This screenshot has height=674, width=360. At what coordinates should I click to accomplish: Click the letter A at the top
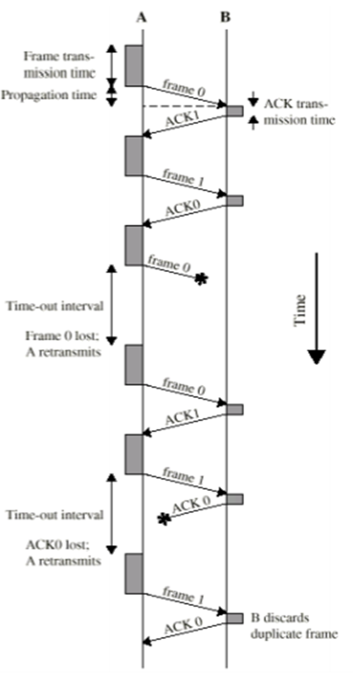142,17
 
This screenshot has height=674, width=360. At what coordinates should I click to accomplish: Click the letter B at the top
225,17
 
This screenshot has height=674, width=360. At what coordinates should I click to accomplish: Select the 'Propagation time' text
48,95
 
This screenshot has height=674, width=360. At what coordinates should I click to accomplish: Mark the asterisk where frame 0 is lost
201,279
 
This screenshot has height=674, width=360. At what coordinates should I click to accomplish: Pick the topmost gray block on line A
134,65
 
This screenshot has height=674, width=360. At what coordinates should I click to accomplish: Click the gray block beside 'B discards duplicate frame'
235,618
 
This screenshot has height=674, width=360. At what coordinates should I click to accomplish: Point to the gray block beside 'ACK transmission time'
235,111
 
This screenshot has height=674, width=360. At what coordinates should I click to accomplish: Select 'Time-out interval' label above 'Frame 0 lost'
55,306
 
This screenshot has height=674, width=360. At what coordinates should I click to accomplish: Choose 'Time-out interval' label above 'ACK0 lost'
55,514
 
